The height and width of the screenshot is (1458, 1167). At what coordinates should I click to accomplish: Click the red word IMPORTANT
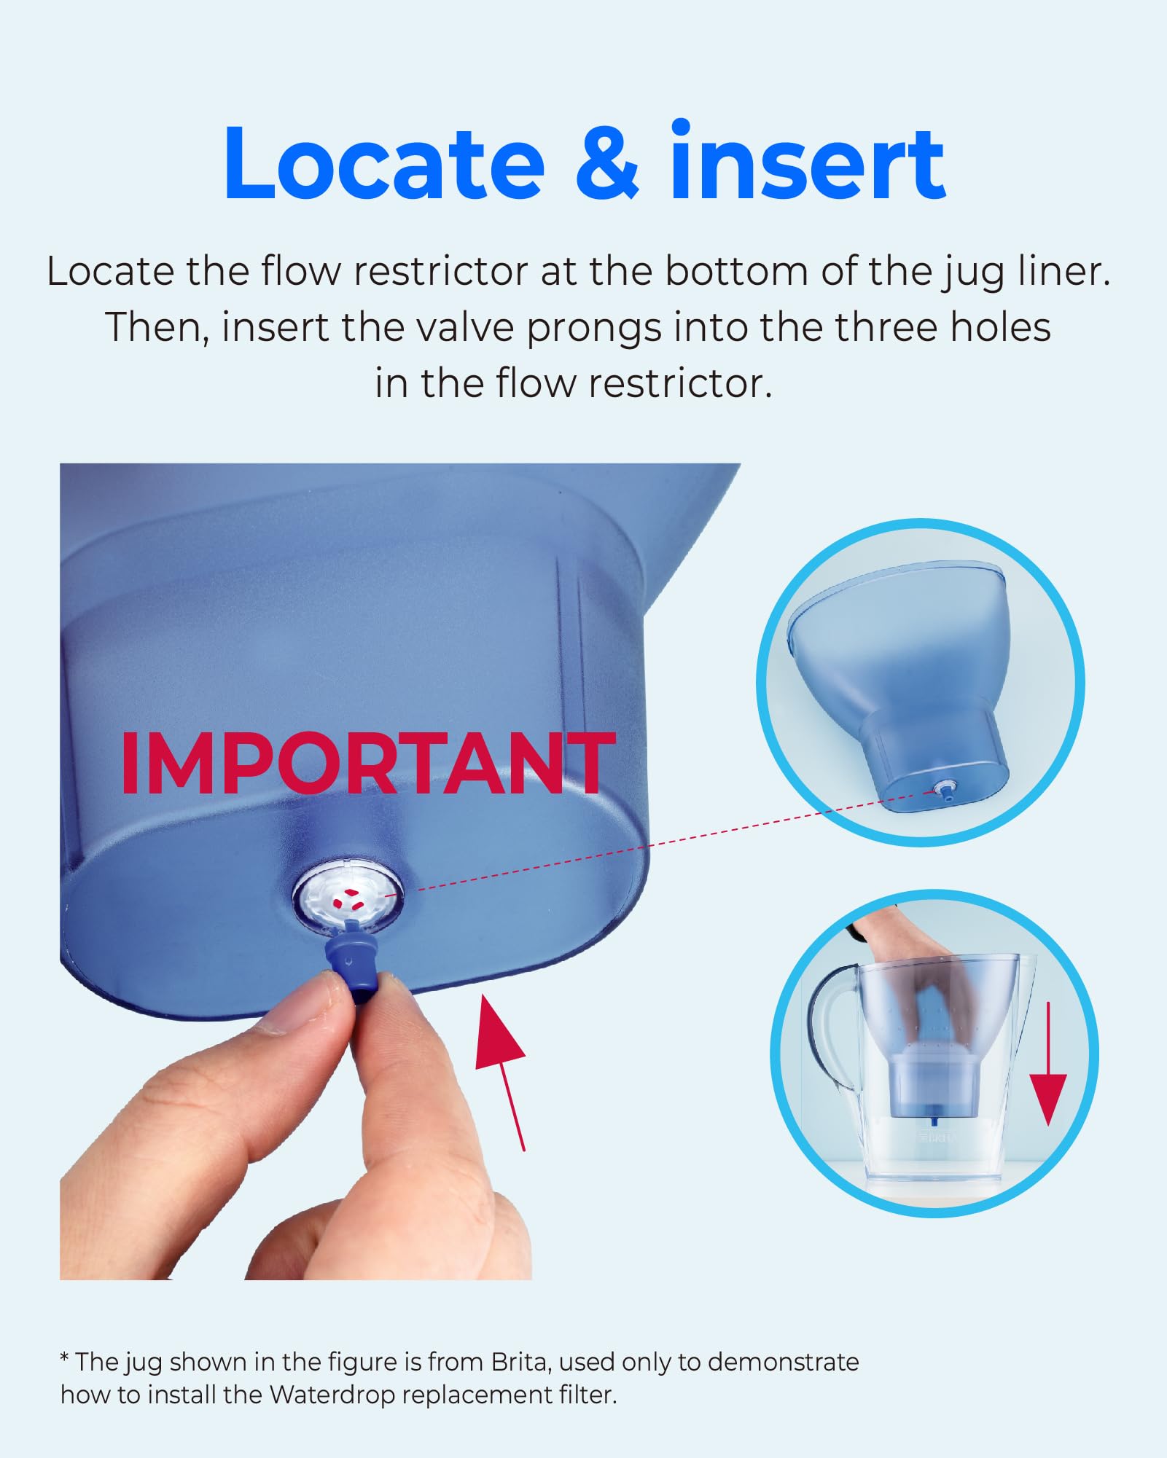368,763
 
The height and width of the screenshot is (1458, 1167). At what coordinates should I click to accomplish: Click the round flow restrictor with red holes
348,897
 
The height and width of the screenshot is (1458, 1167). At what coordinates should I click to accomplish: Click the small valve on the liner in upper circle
945,790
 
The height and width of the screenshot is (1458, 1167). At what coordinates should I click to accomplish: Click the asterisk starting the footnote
65,1359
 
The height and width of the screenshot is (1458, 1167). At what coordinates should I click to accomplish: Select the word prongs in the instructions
595,327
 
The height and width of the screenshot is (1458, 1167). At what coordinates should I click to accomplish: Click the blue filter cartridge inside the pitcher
931,1086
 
